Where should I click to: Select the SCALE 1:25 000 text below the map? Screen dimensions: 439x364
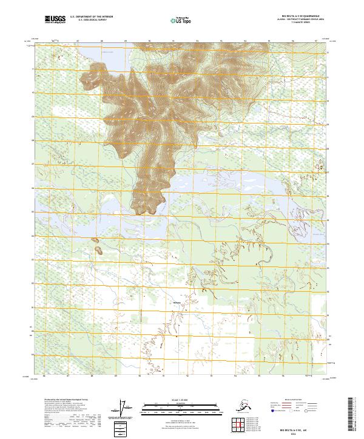click(180, 400)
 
